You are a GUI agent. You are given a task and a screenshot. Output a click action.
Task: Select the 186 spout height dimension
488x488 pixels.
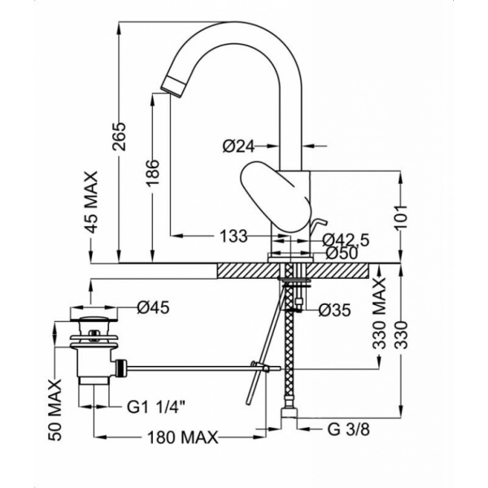click(153, 173)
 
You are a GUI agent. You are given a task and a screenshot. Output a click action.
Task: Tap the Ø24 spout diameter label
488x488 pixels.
click(238, 146)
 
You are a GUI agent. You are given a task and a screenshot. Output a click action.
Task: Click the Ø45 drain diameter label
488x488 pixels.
click(153, 307)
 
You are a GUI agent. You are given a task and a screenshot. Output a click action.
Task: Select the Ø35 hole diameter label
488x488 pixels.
click(334, 310)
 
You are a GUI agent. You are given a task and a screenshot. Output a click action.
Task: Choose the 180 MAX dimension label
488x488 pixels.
click(184, 438)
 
